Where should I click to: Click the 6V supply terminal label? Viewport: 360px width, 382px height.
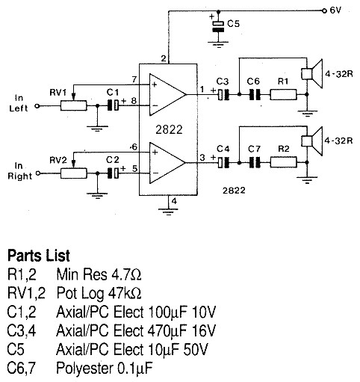(x=335, y=10)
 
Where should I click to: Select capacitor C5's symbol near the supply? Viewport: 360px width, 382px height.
(x=218, y=27)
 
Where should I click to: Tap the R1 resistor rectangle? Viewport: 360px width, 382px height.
(x=283, y=95)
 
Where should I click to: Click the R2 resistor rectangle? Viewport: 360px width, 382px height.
(x=283, y=162)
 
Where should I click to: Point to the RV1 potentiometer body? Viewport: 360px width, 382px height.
(x=74, y=105)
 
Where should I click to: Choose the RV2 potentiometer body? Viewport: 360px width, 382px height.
(x=74, y=173)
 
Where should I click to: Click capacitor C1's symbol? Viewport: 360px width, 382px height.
(x=113, y=105)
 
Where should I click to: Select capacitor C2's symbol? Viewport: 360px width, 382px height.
(x=113, y=173)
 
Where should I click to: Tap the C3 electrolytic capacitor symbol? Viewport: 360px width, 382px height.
(x=223, y=95)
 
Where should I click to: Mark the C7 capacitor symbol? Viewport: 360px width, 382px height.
(x=255, y=162)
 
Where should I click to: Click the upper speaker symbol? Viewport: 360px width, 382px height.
(x=312, y=73)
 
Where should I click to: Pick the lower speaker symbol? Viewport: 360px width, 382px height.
(x=312, y=141)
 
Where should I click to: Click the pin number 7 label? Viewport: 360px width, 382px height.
(x=134, y=79)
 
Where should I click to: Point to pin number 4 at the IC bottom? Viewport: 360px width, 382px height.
(x=174, y=201)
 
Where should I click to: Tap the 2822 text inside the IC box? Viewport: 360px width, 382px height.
(x=169, y=129)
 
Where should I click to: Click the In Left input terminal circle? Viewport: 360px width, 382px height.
(x=37, y=106)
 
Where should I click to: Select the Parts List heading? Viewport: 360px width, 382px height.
(x=39, y=256)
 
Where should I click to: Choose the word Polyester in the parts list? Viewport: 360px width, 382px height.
(x=84, y=368)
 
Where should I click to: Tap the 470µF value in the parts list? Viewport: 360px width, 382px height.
(x=167, y=331)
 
